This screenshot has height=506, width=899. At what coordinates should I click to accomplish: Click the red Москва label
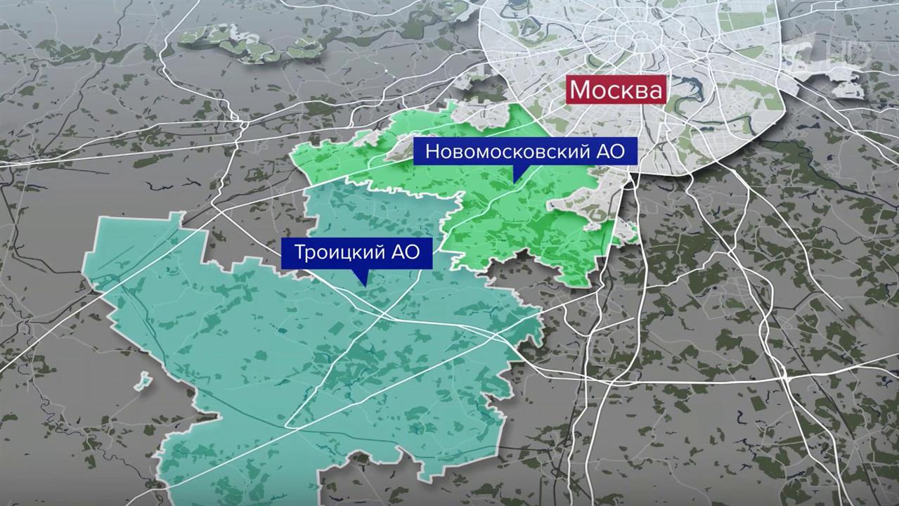[616, 91]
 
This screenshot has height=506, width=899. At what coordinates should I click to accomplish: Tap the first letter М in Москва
[581, 91]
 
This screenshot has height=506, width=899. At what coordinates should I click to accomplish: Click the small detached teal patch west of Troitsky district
[143, 381]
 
